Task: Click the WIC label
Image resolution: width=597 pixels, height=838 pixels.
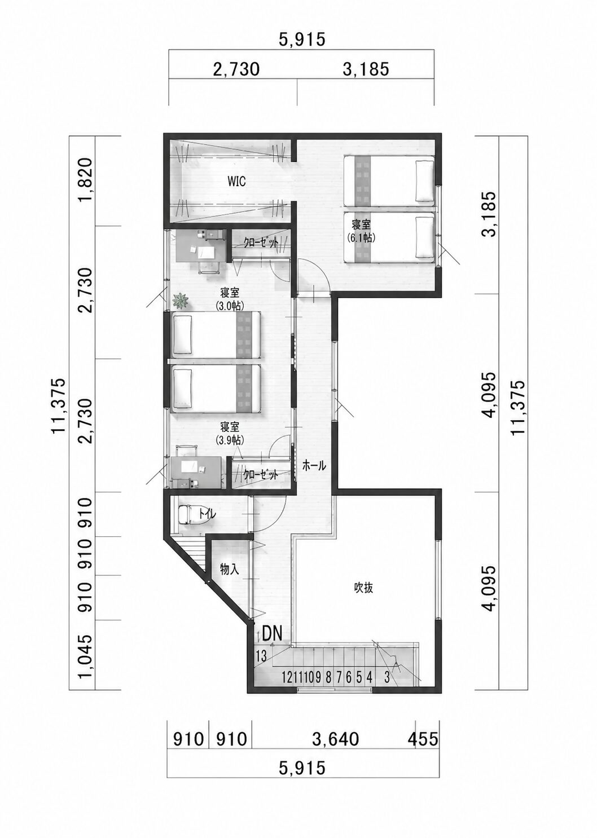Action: pyautogui.click(x=236, y=182)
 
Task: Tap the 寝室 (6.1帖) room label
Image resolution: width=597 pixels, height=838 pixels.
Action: pyautogui.click(x=361, y=231)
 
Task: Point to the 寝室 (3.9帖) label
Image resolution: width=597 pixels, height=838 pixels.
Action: pyautogui.click(x=230, y=434)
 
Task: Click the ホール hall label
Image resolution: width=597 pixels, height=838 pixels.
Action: pyautogui.click(x=314, y=466)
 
